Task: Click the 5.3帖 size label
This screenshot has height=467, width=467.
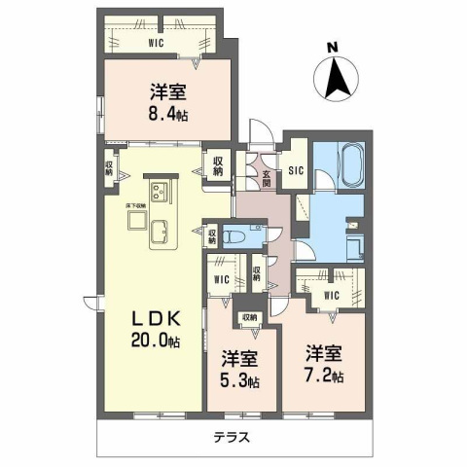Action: point(238,381)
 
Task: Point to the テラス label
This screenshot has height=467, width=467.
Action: point(233,438)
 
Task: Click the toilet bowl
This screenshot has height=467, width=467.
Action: point(233,234)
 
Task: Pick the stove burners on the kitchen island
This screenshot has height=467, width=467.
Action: point(159,190)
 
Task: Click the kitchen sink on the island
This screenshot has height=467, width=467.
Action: point(160,232)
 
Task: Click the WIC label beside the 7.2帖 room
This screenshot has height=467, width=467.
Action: point(330,295)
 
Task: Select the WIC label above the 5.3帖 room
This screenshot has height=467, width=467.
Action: point(221,280)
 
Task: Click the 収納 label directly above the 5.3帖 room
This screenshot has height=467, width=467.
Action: point(249,317)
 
